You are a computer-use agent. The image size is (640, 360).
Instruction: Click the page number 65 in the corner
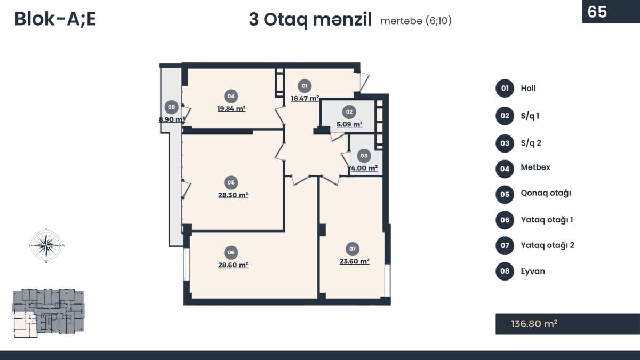pyautogui.click(x=597, y=12)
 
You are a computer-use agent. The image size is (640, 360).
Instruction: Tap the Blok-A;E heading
pyautogui.click(x=55, y=19)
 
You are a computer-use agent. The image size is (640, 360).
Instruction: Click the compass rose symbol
pyautogui.click(x=46, y=245)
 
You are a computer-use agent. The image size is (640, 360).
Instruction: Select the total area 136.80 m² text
pyautogui.click(x=534, y=324)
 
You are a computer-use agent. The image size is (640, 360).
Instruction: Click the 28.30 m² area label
pyautogui.click(x=233, y=195)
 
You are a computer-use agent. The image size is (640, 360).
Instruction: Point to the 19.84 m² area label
pyautogui.click(x=231, y=109)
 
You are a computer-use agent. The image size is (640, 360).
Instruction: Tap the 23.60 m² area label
pyautogui.click(x=354, y=261)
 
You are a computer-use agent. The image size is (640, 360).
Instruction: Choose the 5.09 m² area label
pyautogui.click(x=349, y=124)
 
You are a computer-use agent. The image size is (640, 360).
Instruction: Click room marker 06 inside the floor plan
pyautogui.click(x=231, y=252)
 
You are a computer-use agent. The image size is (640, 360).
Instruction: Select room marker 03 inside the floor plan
pyautogui.click(x=364, y=156)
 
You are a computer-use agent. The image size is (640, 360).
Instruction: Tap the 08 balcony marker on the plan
pyautogui.click(x=171, y=107)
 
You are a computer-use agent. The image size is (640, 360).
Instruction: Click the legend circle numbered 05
pyautogui.click(x=505, y=195)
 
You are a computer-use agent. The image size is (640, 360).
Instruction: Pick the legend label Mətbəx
pyautogui.click(x=535, y=167)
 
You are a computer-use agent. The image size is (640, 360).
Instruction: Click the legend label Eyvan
pyautogui.click(x=533, y=271)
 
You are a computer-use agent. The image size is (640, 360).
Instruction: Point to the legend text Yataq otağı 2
pyautogui.click(x=547, y=245)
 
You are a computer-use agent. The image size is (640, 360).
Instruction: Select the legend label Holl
pyautogui.click(x=529, y=89)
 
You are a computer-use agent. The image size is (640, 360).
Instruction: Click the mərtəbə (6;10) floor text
pyautogui.click(x=416, y=21)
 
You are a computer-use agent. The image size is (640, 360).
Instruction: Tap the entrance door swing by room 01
pyautogui.click(x=364, y=82)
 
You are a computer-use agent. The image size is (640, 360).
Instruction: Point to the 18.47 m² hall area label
pyautogui.click(x=305, y=98)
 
